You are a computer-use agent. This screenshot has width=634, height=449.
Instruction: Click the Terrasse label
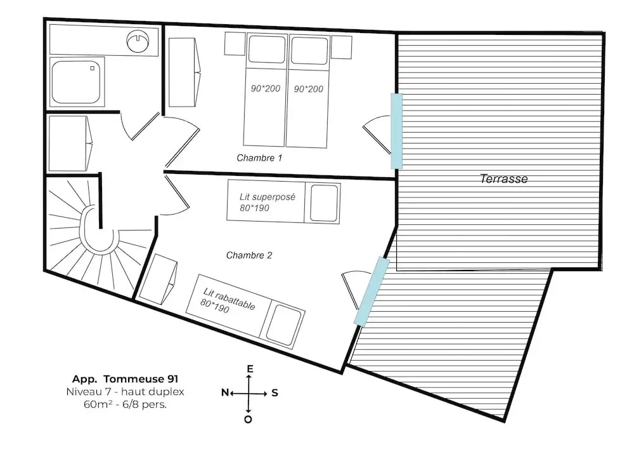pyautogui.click(x=503, y=178)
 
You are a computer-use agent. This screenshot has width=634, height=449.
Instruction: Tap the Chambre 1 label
pyautogui.click(x=259, y=158)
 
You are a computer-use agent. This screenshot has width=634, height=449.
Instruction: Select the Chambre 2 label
pyautogui.click(x=249, y=255)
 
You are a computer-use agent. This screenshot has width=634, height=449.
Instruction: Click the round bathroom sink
pyautogui.click(x=138, y=41)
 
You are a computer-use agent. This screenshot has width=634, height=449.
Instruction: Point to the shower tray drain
pyautogui.click(x=92, y=69)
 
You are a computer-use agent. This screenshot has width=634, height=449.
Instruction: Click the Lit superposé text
pyautogui.click(x=268, y=197)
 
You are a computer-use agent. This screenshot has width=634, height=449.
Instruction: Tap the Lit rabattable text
pyautogui.click(x=229, y=298)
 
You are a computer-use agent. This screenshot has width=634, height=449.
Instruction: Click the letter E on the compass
pyautogui.click(x=250, y=369)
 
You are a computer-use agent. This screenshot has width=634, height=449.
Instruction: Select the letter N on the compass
pyautogui.click(x=225, y=392)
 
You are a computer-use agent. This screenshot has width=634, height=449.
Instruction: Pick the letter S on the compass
pyautogui.click(x=275, y=392)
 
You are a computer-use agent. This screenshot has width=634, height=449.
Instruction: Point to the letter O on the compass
pyautogui.click(x=249, y=419)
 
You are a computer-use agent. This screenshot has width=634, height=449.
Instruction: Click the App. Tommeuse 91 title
pyautogui.click(x=125, y=379)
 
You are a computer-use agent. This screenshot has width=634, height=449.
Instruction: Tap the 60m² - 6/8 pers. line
pyautogui.click(x=125, y=404)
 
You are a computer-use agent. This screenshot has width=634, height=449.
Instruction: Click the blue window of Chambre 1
pyautogui.click(x=396, y=131)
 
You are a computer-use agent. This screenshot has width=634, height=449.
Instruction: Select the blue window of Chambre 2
pyautogui.click(x=372, y=292)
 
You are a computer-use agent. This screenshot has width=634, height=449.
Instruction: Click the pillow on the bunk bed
pyautogui.click(x=324, y=203)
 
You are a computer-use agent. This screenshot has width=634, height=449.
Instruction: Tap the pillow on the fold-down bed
pyautogui.click(x=285, y=325)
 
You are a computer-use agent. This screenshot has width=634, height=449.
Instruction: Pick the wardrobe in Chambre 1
pyautogui.click(x=184, y=72)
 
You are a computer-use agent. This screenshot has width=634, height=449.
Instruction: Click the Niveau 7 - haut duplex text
pyautogui.click(x=125, y=392)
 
